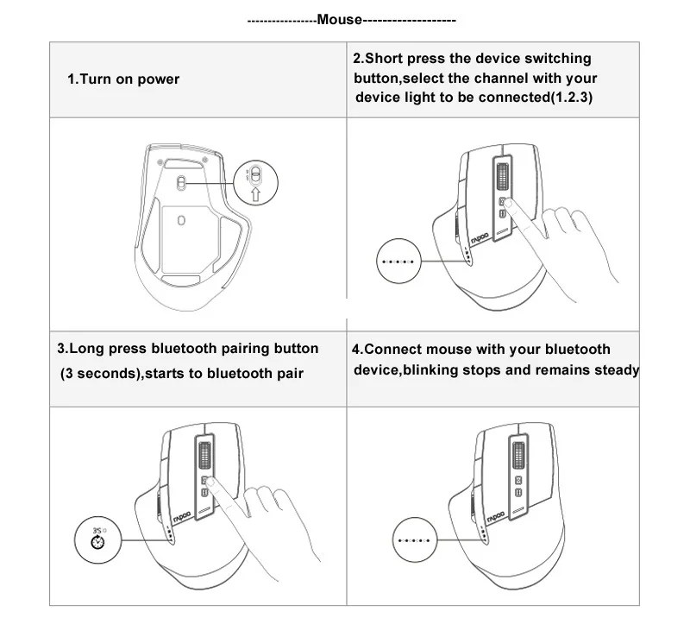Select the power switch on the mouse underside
pyautogui.click(x=181, y=181)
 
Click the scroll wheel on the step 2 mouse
pyautogui.click(x=501, y=177)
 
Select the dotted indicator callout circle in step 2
pyautogui.click(x=398, y=261)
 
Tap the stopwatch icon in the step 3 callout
pyautogui.click(x=97, y=545)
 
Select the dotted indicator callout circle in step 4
pyautogui.click(x=411, y=539)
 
